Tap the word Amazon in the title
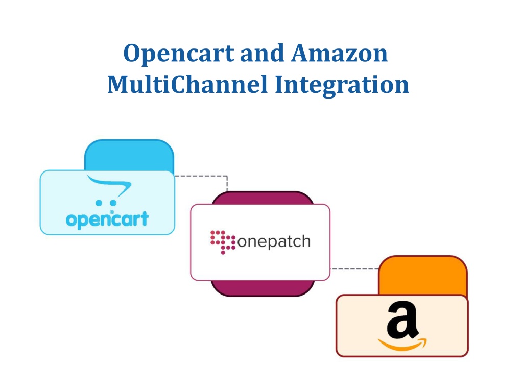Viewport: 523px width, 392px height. [340, 53]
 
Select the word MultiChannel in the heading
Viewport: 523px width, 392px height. [187, 84]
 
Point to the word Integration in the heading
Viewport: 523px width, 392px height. [342, 86]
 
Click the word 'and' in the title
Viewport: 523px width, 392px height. [262, 53]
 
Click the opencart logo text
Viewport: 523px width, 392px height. [107, 219]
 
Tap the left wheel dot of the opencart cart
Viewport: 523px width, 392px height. [99, 203]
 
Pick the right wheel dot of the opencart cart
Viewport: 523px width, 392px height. [113, 203]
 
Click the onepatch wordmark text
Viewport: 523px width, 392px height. [274, 241]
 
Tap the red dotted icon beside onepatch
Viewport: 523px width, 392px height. [223, 242]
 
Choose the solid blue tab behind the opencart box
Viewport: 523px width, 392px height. [129, 155]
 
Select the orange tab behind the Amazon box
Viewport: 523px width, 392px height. [423, 275]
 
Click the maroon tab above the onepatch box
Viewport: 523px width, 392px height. [263, 198]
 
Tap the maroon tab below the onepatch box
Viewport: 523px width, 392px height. [263, 288]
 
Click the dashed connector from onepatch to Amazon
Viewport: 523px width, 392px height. [354, 268]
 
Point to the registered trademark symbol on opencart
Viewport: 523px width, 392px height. [112, 212]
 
